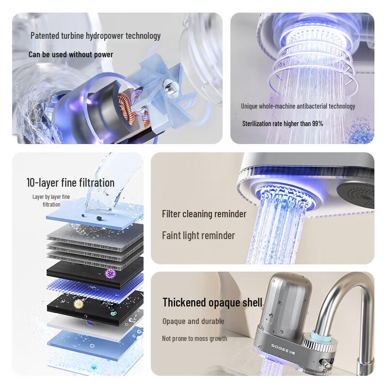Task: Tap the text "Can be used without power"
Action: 71,54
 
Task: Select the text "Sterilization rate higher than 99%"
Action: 283,124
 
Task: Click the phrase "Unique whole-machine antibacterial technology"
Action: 298,106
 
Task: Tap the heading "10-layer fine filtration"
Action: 70,182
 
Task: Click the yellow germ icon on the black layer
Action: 78,304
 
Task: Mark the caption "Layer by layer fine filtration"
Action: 51,200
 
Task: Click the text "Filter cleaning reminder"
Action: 204,214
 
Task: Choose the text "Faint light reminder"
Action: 198,236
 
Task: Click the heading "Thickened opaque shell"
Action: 212,303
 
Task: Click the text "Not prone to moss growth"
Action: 194,338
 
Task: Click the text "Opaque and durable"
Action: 193,321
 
